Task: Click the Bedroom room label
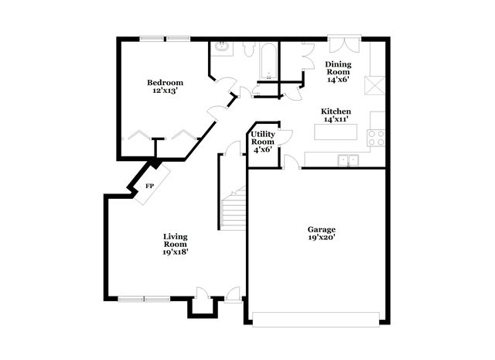coord(165,83)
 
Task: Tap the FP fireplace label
coord(149,187)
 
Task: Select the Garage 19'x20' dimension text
coord(322,238)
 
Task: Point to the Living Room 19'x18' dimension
coord(176,252)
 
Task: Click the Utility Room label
coord(263,138)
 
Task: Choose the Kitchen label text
coord(336,111)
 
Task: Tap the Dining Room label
coord(338,68)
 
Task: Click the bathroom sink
coord(222,47)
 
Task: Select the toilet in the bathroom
coord(249,50)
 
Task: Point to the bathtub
coord(268,61)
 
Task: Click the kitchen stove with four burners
coord(377,138)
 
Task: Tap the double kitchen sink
coord(348,160)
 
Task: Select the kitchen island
coord(336,132)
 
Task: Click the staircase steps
coord(234,208)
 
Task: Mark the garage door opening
coord(316,320)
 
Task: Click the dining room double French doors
coord(344,44)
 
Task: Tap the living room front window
coord(144,299)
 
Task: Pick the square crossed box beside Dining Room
coord(374,85)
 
